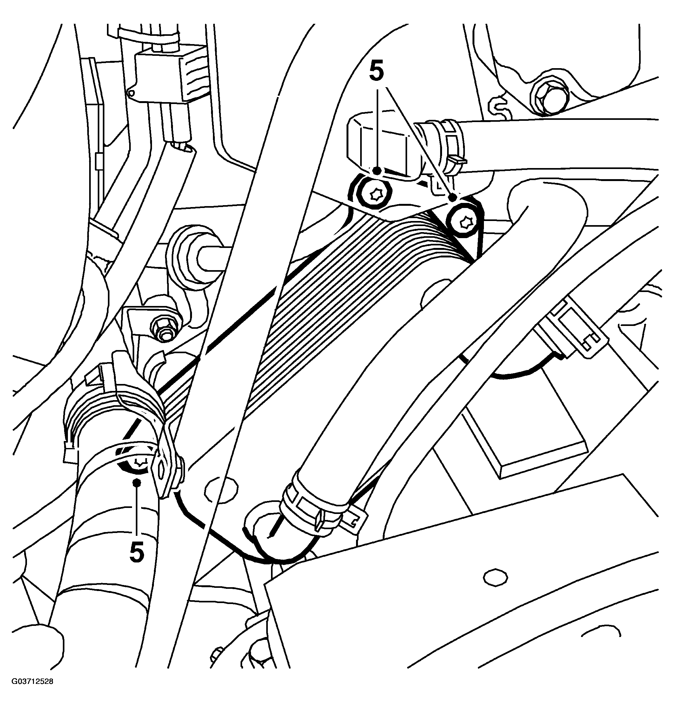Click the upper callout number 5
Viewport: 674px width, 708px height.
click(x=376, y=71)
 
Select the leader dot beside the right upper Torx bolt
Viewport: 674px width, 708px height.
click(x=453, y=197)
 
